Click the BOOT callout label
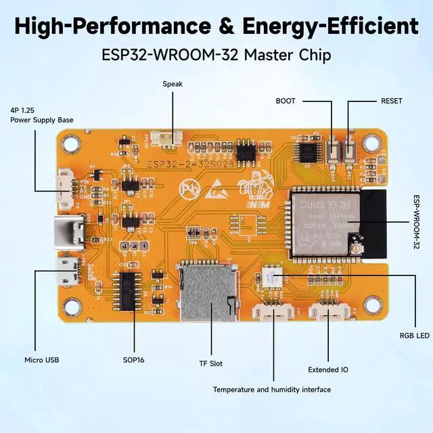(x=285, y=101)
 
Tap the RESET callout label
(x=392, y=101)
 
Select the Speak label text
(x=173, y=84)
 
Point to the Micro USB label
(x=43, y=360)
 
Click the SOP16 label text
(x=133, y=360)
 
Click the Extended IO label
(x=328, y=370)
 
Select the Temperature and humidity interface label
(x=272, y=390)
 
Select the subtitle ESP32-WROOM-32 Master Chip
(x=216, y=55)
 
